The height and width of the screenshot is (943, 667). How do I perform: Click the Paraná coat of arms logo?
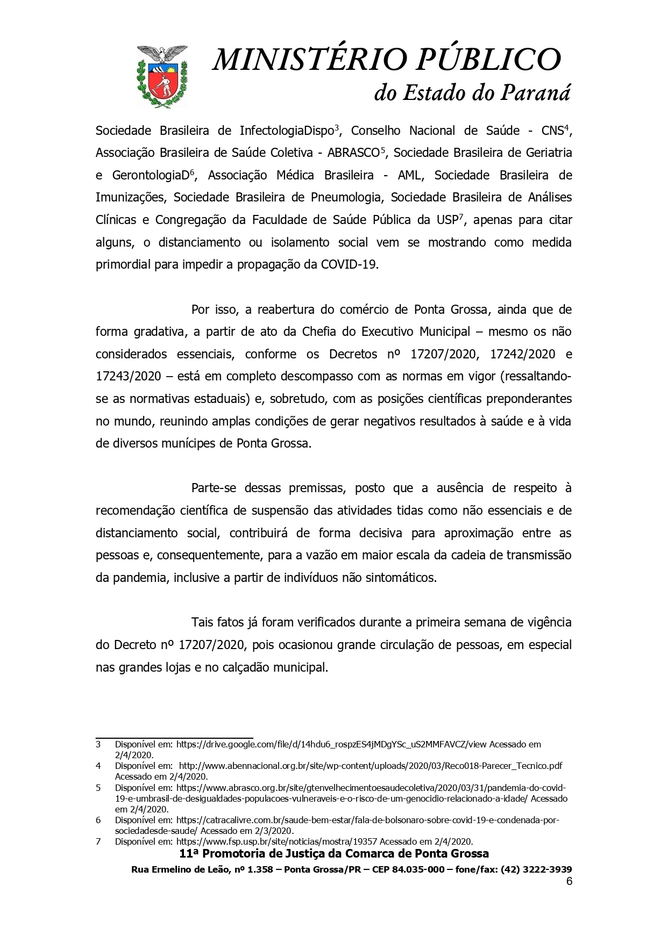point(162,76)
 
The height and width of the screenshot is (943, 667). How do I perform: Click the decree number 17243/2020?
point(128,376)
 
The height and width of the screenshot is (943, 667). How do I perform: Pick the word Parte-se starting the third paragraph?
point(214,488)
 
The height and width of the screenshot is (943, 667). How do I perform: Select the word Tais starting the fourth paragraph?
point(203,623)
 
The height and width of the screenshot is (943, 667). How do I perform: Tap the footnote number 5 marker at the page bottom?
point(98,788)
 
